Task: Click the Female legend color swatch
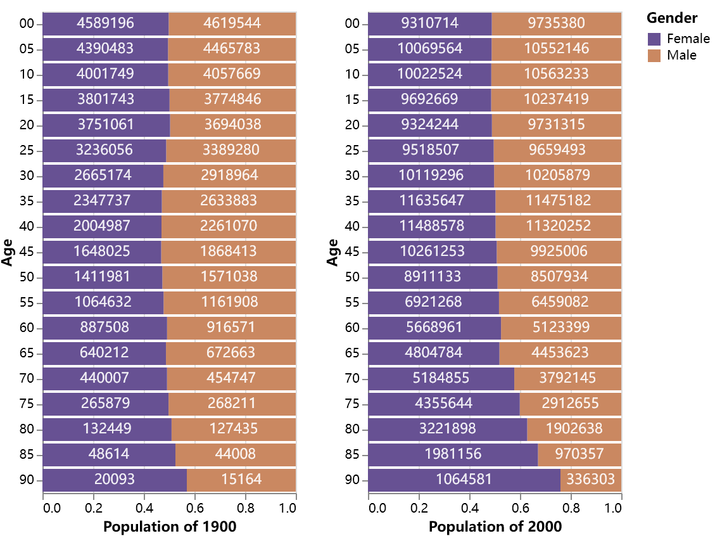click(655, 39)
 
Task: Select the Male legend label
click(681, 55)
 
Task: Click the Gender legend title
click(672, 18)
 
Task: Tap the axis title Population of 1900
click(170, 527)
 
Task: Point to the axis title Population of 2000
click(495, 527)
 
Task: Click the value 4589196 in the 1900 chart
click(106, 23)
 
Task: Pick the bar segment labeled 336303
click(591, 480)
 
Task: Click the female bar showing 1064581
click(464, 480)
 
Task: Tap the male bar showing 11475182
click(558, 201)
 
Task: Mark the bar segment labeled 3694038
click(232, 125)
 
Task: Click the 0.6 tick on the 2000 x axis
click(521, 508)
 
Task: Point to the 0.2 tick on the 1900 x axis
click(94, 508)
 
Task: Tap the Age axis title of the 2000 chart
click(332, 252)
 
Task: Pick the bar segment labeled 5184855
click(441, 378)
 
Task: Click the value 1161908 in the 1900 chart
click(230, 302)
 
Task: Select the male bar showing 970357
click(579, 454)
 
